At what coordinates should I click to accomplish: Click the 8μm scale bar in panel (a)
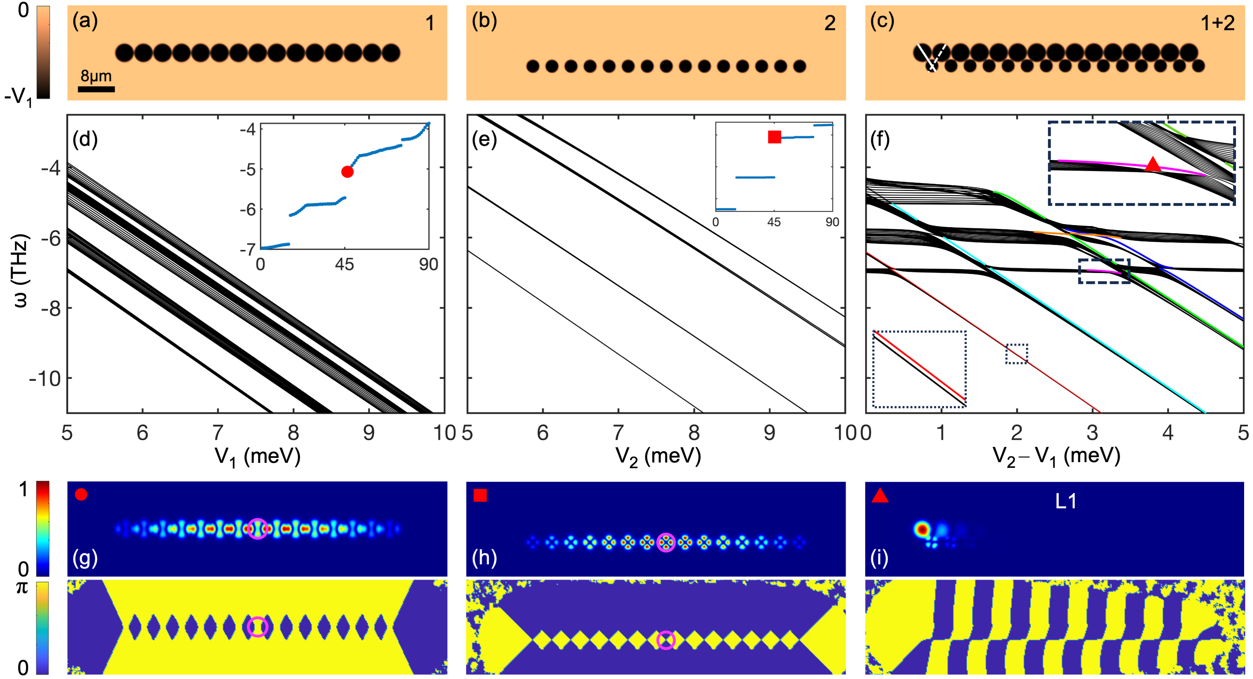pyautogui.click(x=96, y=89)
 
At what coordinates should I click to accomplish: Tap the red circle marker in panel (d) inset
pyautogui.click(x=347, y=172)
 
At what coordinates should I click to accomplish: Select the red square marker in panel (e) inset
pyautogui.click(x=774, y=137)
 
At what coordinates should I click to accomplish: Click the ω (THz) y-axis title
pyautogui.click(x=21, y=271)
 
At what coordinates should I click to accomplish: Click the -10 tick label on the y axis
pyautogui.click(x=45, y=378)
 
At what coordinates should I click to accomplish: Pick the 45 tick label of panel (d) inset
pyautogui.click(x=345, y=265)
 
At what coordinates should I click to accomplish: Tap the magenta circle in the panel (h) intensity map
pyautogui.click(x=666, y=542)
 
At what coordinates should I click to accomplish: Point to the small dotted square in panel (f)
pyautogui.click(x=1016, y=354)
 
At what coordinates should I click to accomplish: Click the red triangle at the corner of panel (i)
pyautogui.click(x=880, y=496)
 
